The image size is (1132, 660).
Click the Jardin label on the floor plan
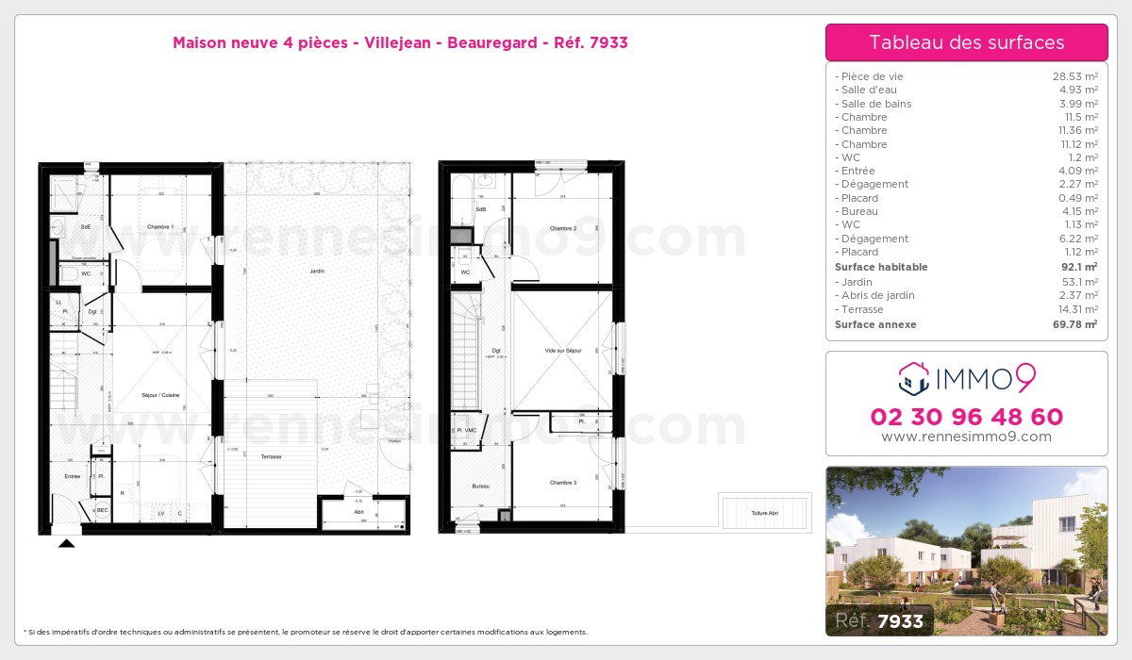[317, 272]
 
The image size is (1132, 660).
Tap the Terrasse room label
[271, 456]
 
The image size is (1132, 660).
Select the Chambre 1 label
[160, 227]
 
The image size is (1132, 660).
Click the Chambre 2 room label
[563, 228]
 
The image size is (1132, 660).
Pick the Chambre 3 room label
[563, 483]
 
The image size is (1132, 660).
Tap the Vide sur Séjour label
[563, 350]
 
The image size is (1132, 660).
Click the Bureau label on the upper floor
[481, 486]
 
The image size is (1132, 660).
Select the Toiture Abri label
[765, 513]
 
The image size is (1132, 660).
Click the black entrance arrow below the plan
[66, 543]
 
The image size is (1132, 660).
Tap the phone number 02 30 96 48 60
[966, 417]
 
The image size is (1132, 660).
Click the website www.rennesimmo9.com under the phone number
[966, 437]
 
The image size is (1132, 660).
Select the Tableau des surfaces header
[966, 42]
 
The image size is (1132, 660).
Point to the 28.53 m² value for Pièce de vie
[1074, 76]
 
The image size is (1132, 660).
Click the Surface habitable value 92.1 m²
[1080, 267]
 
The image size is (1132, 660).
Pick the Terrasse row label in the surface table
[861, 309]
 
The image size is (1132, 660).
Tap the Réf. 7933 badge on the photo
[880, 620]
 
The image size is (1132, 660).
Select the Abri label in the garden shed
[358, 512]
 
